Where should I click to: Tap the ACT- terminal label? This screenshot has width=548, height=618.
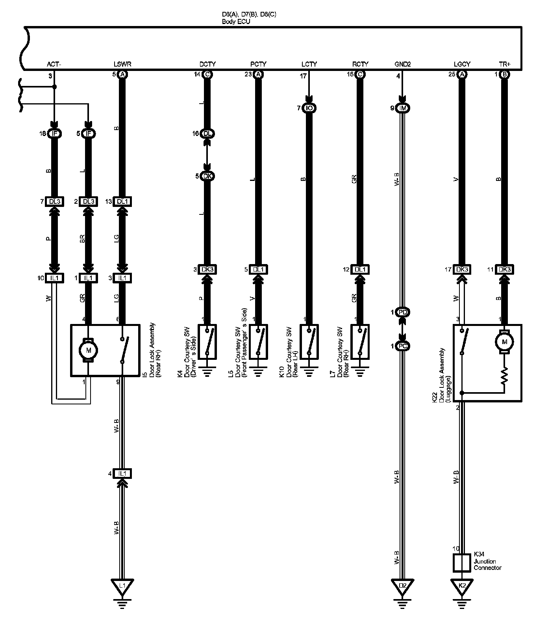[54, 64]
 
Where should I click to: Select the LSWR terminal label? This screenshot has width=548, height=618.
[122, 64]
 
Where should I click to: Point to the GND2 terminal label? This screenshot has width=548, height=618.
[402, 64]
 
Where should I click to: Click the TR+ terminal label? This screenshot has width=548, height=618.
[504, 64]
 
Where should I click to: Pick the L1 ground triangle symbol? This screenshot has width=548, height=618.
[122, 585]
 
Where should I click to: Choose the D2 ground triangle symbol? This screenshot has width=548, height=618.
[402, 585]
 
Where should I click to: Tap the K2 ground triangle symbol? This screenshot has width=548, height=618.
[463, 585]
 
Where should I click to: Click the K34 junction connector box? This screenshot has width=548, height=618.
[463, 563]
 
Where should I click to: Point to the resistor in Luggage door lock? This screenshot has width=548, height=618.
[504, 376]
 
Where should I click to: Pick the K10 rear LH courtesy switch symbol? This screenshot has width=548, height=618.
[309, 342]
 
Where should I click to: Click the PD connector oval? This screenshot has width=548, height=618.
[402, 313]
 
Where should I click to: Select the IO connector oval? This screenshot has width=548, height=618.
[309, 108]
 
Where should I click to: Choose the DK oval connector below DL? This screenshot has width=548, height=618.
[207, 176]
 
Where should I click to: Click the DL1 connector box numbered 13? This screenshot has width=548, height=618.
[122, 201]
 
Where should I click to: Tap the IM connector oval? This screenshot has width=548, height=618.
[402, 108]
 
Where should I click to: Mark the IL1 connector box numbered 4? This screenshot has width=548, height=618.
[122, 473]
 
